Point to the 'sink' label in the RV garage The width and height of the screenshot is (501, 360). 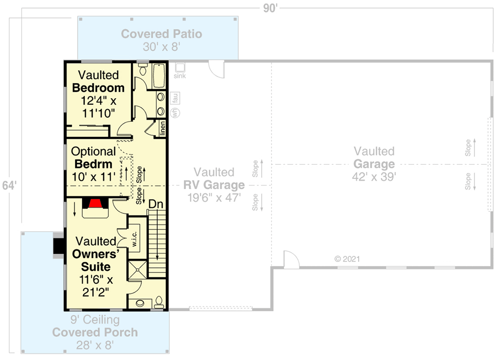point(180,76)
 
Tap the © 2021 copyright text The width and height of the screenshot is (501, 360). point(347,259)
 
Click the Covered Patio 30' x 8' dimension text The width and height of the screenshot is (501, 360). point(161,47)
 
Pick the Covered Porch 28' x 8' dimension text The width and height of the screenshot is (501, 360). point(95,345)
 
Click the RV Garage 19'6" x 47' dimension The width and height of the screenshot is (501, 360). point(214,197)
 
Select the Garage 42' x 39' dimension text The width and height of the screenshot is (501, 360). point(374,177)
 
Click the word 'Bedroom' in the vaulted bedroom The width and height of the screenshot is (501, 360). point(98,88)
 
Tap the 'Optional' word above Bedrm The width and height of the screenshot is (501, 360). point(94,151)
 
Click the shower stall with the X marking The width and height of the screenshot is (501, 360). point(138,269)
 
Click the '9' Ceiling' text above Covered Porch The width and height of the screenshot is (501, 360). point(95,319)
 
